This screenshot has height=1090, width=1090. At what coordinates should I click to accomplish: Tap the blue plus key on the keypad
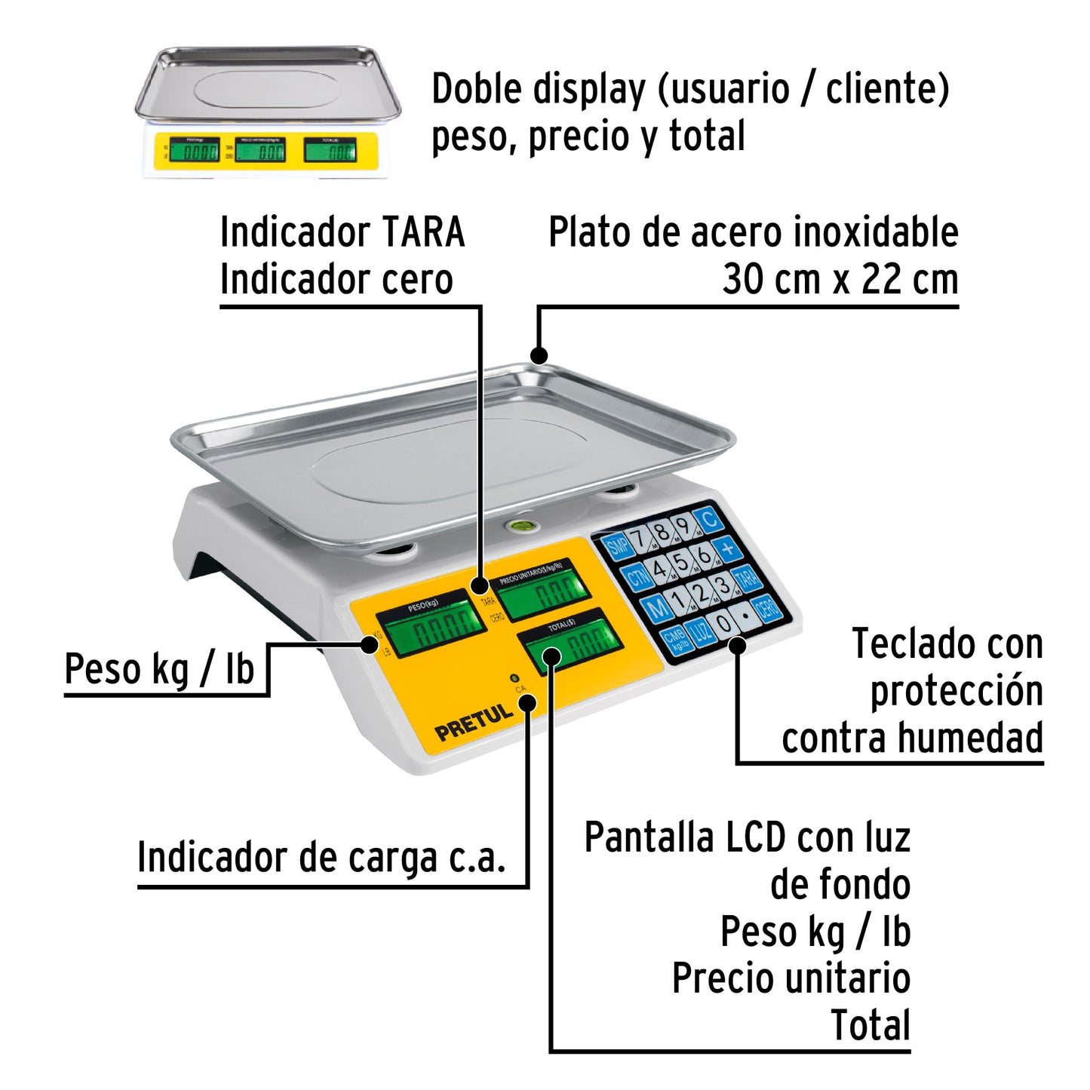pos(728,548)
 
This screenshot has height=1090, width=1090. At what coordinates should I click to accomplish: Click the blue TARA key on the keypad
pos(746,579)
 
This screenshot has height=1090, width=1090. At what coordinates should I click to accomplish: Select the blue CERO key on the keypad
pos(767,608)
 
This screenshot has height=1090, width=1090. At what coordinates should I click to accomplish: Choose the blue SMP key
pos(618,546)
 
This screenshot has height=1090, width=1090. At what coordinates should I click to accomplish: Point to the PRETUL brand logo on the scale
pos(474,723)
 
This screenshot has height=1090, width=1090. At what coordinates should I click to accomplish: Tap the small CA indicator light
pos(514,677)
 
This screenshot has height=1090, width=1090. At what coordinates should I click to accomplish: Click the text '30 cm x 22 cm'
pos(840,280)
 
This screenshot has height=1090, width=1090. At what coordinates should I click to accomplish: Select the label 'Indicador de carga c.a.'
pos(321,858)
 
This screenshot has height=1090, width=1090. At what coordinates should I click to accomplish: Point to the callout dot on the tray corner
pos(539,355)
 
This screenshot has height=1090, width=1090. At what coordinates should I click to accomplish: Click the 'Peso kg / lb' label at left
pos(159,669)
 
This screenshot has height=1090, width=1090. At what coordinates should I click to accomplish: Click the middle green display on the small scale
pos(260,151)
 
